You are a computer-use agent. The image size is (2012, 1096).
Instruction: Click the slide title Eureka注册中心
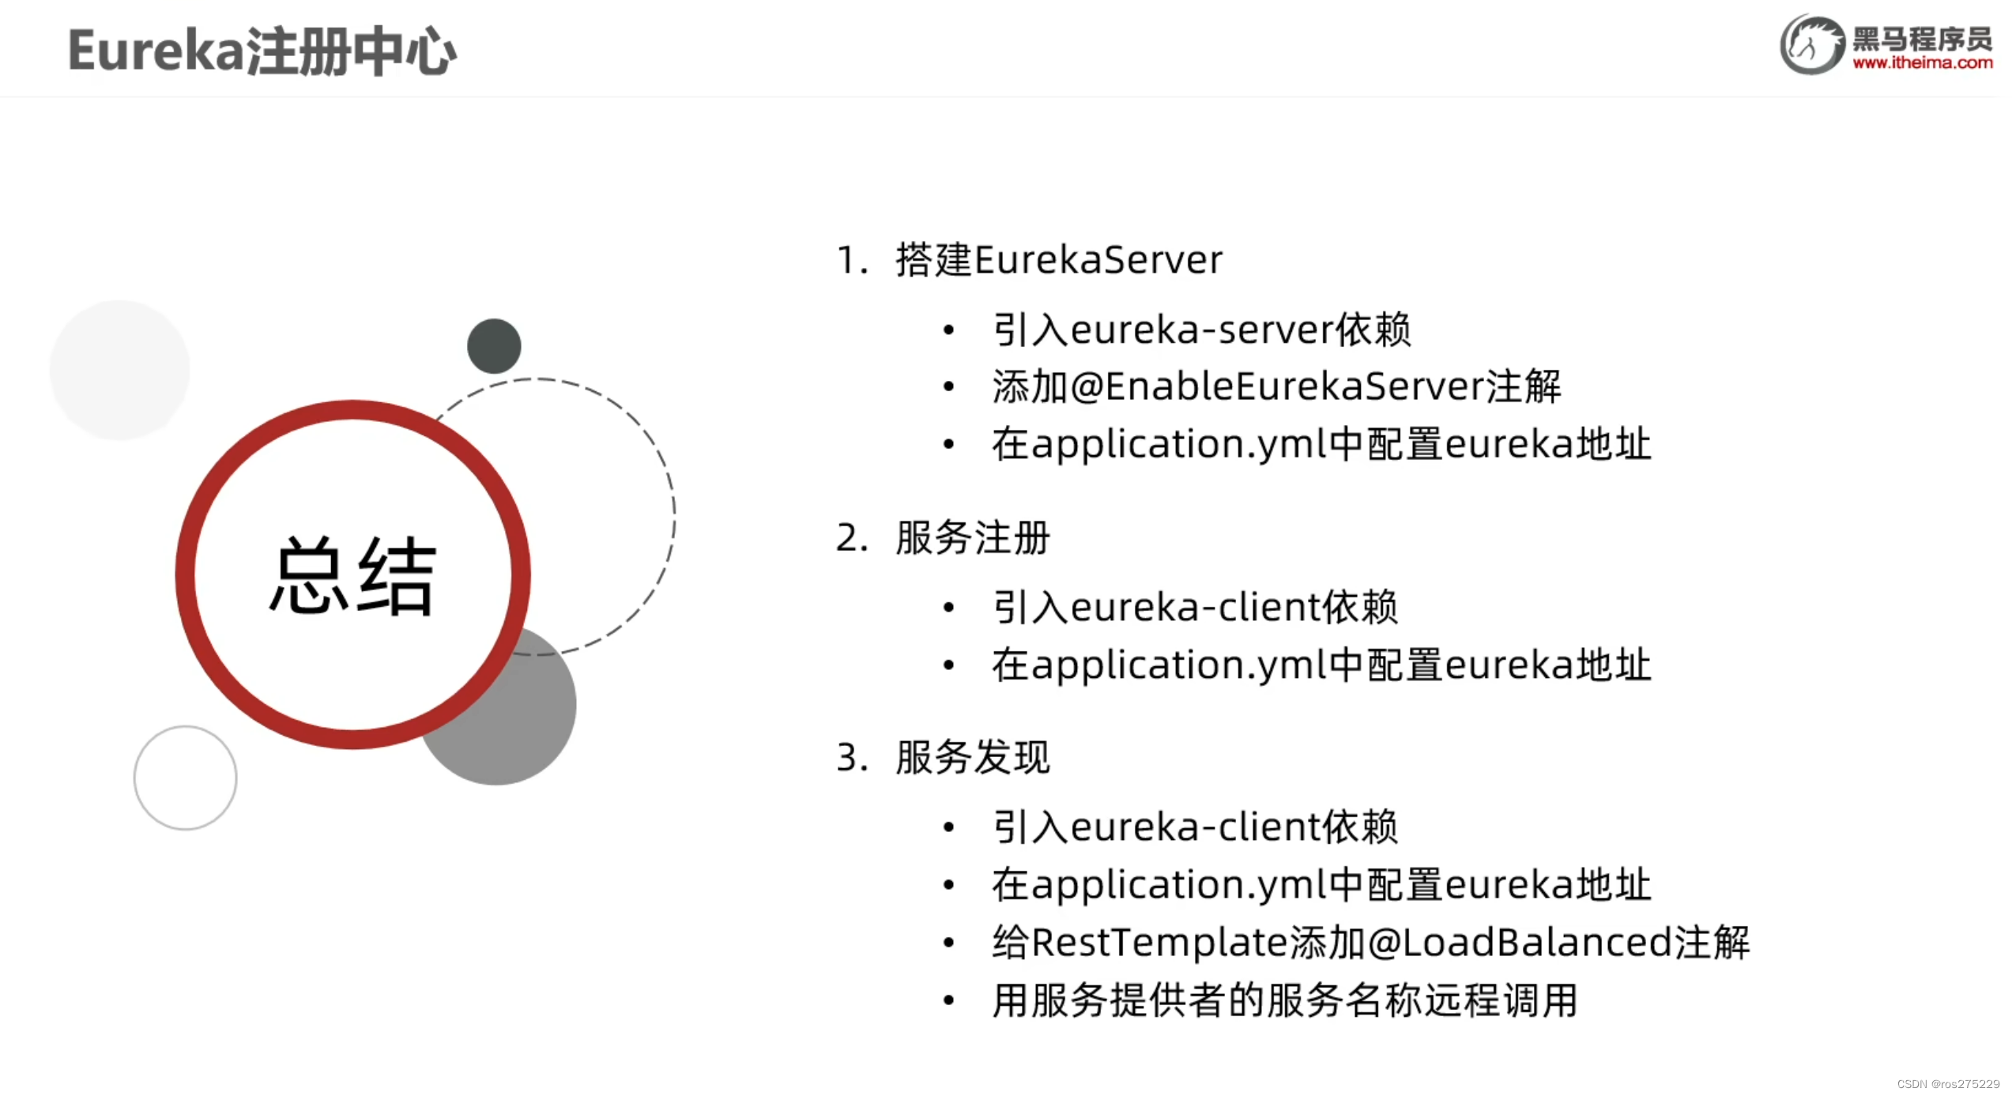(x=262, y=52)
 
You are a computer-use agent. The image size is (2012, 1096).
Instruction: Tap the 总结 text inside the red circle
(x=352, y=575)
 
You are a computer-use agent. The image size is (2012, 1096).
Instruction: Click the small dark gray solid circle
(x=494, y=346)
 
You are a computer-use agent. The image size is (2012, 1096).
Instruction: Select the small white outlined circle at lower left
(x=186, y=778)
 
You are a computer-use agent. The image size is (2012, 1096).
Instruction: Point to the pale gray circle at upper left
(x=120, y=369)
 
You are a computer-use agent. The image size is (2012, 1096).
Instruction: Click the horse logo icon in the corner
(x=1811, y=45)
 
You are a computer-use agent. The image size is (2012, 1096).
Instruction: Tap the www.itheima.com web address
(x=1923, y=63)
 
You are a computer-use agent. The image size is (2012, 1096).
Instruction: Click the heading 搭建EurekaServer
(x=1059, y=260)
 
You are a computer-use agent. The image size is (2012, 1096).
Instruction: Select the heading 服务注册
(x=973, y=538)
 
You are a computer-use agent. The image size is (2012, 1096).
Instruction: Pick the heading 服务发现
(x=973, y=758)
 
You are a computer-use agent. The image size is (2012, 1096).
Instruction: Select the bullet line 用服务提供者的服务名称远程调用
(x=1285, y=1000)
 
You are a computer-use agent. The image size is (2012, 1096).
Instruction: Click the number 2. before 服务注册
(x=852, y=538)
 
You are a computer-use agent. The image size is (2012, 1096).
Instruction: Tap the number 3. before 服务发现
(x=852, y=758)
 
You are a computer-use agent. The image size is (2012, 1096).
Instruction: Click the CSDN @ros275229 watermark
(x=1947, y=1084)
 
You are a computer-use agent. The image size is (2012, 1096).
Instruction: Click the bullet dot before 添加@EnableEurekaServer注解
(x=949, y=386)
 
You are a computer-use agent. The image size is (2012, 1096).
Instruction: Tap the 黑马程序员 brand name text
(x=1922, y=38)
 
